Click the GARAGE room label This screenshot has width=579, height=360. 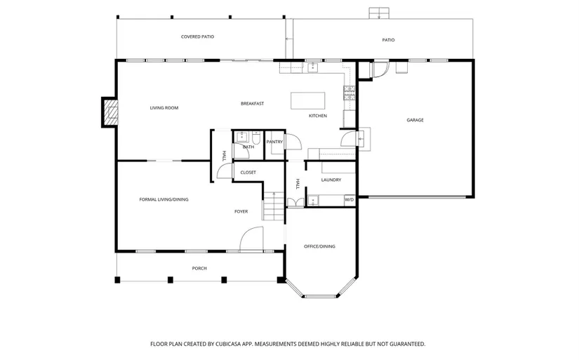[x=415, y=120]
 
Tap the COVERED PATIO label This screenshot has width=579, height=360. [x=197, y=36]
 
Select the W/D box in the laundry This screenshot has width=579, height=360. [x=350, y=200]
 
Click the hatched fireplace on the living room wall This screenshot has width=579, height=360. [x=110, y=112]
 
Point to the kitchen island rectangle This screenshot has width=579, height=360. [x=308, y=101]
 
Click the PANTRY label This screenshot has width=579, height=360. [x=274, y=142]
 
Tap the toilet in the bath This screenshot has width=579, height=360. [x=257, y=137]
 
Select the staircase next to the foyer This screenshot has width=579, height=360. [x=274, y=206]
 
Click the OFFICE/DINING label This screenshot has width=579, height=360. [x=319, y=246]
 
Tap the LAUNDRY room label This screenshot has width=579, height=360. [x=331, y=180]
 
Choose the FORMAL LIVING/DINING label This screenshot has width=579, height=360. [x=164, y=199]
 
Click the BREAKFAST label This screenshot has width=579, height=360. [x=252, y=104]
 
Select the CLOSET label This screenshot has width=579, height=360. [x=248, y=173]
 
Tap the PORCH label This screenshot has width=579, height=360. [x=199, y=269]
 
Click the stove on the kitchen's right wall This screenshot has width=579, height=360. [x=350, y=93]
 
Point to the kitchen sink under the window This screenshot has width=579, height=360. [x=313, y=67]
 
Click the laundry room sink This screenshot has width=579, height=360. [x=313, y=201]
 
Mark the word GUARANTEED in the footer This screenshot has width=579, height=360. [x=408, y=344]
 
